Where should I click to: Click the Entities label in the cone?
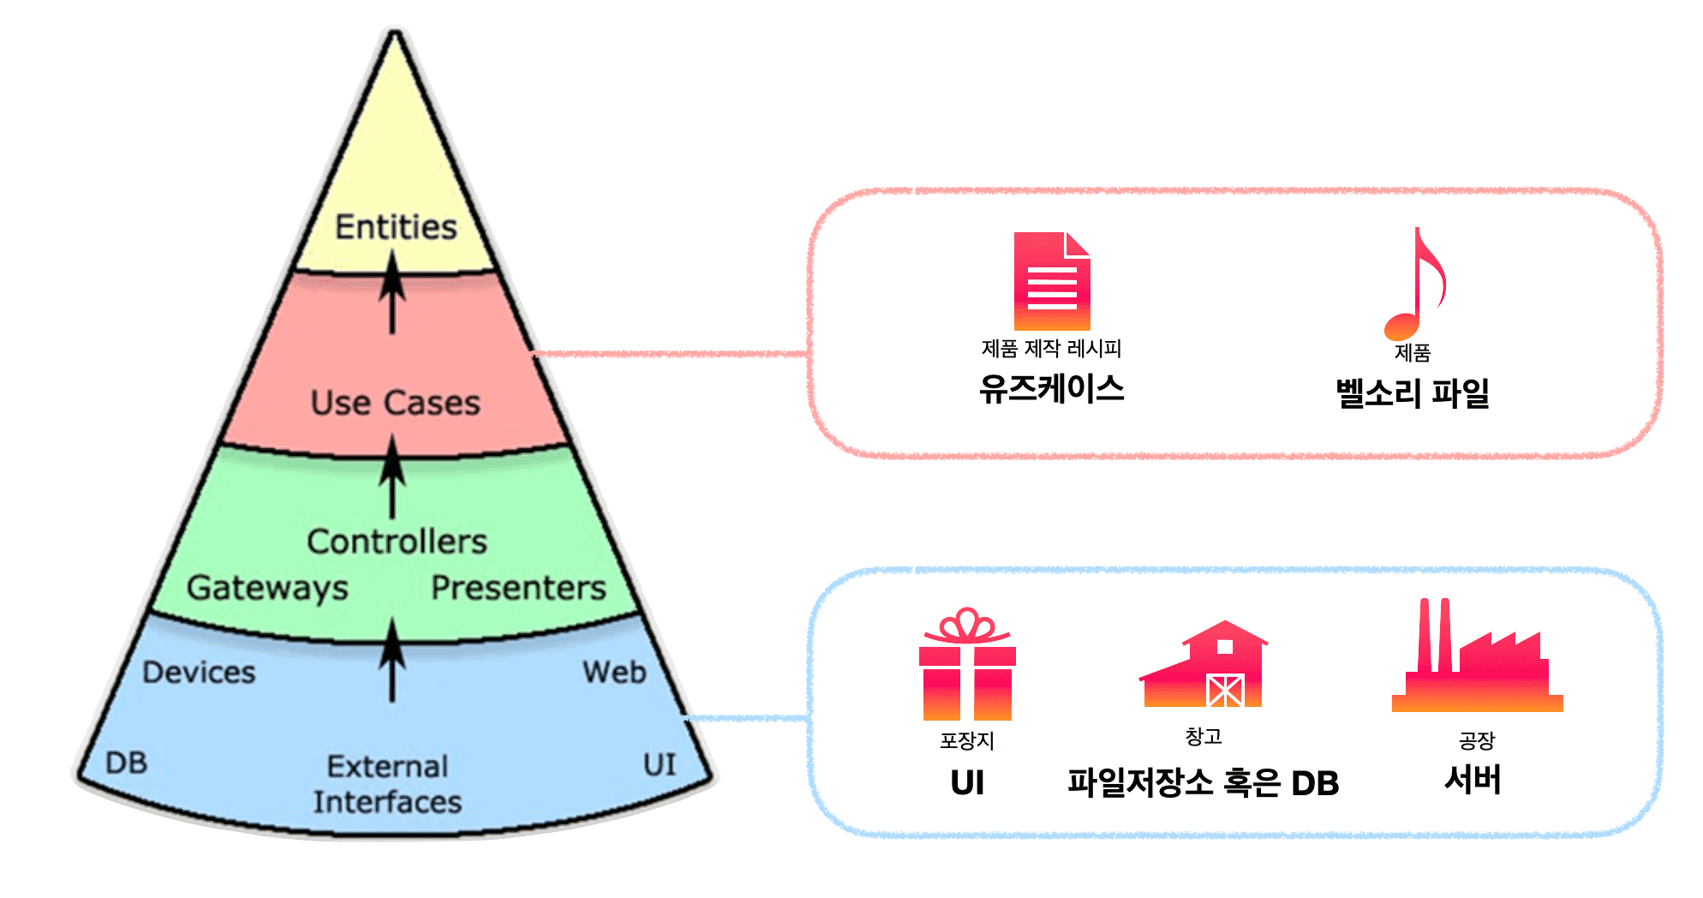point(396,227)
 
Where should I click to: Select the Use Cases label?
point(396,403)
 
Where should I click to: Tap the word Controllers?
point(397,542)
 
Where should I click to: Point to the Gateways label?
point(267,588)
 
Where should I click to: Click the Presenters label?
point(518,588)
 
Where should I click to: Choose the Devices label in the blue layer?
point(199,673)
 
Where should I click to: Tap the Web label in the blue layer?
point(614,673)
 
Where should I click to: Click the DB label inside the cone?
point(127,763)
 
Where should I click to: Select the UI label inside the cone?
point(660,764)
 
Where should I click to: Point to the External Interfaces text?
point(387,784)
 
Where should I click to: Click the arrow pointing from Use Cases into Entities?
point(392,291)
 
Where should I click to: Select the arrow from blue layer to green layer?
point(392,660)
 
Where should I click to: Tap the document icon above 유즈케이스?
point(1052,281)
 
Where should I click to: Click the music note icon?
point(1415,284)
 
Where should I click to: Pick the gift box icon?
point(967,665)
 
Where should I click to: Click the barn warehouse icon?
point(1204,665)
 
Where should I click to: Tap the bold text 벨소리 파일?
point(1413,393)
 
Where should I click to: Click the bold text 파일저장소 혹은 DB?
point(1203,782)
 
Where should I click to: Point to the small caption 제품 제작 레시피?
point(1051,349)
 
